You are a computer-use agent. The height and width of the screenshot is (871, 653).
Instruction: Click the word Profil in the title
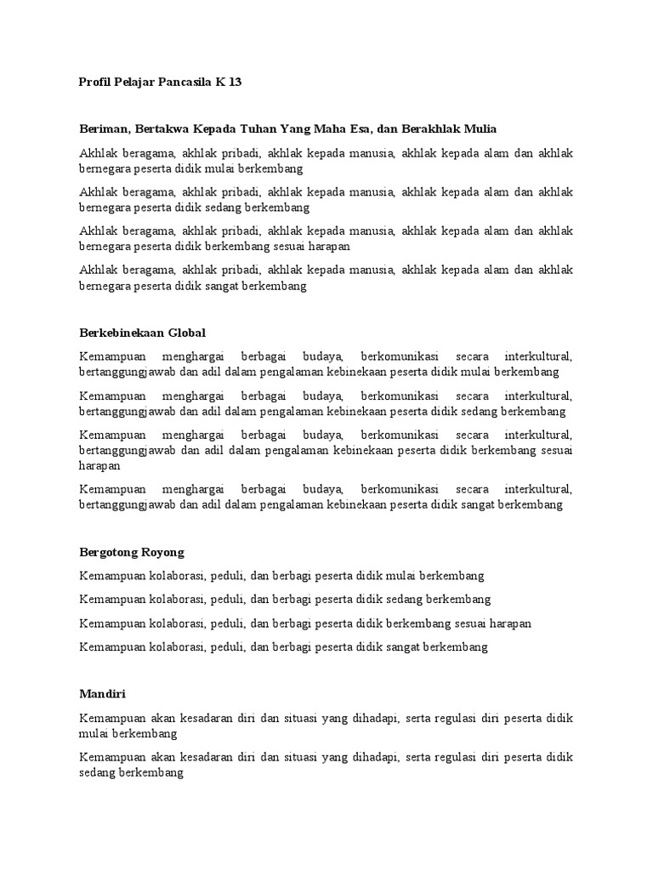tap(94, 83)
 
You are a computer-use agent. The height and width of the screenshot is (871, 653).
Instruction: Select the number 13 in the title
tap(236, 83)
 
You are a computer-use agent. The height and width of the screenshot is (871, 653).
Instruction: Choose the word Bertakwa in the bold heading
tap(158, 128)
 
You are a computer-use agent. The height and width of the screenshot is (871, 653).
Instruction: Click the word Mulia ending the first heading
tap(479, 128)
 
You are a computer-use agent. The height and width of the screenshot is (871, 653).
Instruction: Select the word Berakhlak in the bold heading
tap(429, 128)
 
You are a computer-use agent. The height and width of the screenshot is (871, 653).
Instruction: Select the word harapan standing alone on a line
tap(99, 466)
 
